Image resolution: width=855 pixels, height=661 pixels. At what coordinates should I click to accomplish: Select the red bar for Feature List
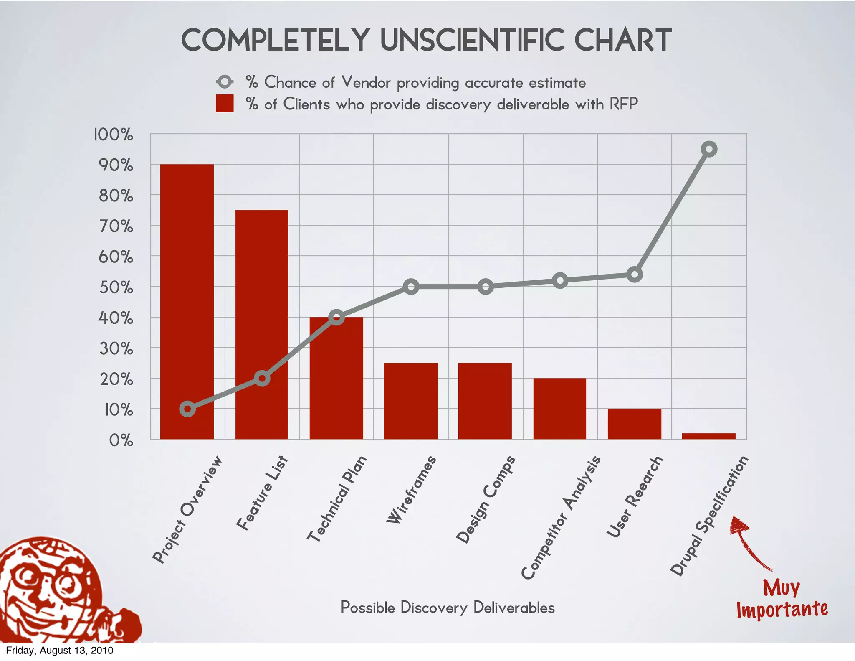(262, 292)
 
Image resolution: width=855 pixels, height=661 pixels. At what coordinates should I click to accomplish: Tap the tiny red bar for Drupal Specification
(708, 436)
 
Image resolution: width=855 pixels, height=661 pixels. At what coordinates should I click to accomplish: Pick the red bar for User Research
(634, 424)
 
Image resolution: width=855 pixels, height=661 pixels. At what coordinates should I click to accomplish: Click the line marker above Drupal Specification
(709, 149)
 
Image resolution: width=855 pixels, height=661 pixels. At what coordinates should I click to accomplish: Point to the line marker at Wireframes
(411, 287)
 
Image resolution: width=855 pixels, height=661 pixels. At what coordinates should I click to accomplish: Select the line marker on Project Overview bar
(187, 409)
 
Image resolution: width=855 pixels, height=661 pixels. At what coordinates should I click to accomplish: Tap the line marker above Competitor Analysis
(560, 281)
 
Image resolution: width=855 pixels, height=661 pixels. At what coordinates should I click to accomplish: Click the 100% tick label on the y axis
(113, 135)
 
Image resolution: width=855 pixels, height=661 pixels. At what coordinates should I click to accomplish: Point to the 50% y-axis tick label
(116, 287)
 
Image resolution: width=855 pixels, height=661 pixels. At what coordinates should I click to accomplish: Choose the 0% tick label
(121, 440)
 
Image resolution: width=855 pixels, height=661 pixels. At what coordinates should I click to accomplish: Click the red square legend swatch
(225, 104)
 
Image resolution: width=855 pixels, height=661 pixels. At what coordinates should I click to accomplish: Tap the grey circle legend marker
(225, 82)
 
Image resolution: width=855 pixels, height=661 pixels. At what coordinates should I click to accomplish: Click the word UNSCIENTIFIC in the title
(473, 41)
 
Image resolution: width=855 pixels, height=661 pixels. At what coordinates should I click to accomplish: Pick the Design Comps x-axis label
(486, 499)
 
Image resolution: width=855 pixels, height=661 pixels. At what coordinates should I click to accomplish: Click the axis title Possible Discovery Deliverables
(448, 608)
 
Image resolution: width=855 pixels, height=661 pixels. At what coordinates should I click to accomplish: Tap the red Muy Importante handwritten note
(782, 599)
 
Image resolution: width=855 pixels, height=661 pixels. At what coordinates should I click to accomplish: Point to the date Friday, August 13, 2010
(59, 651)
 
